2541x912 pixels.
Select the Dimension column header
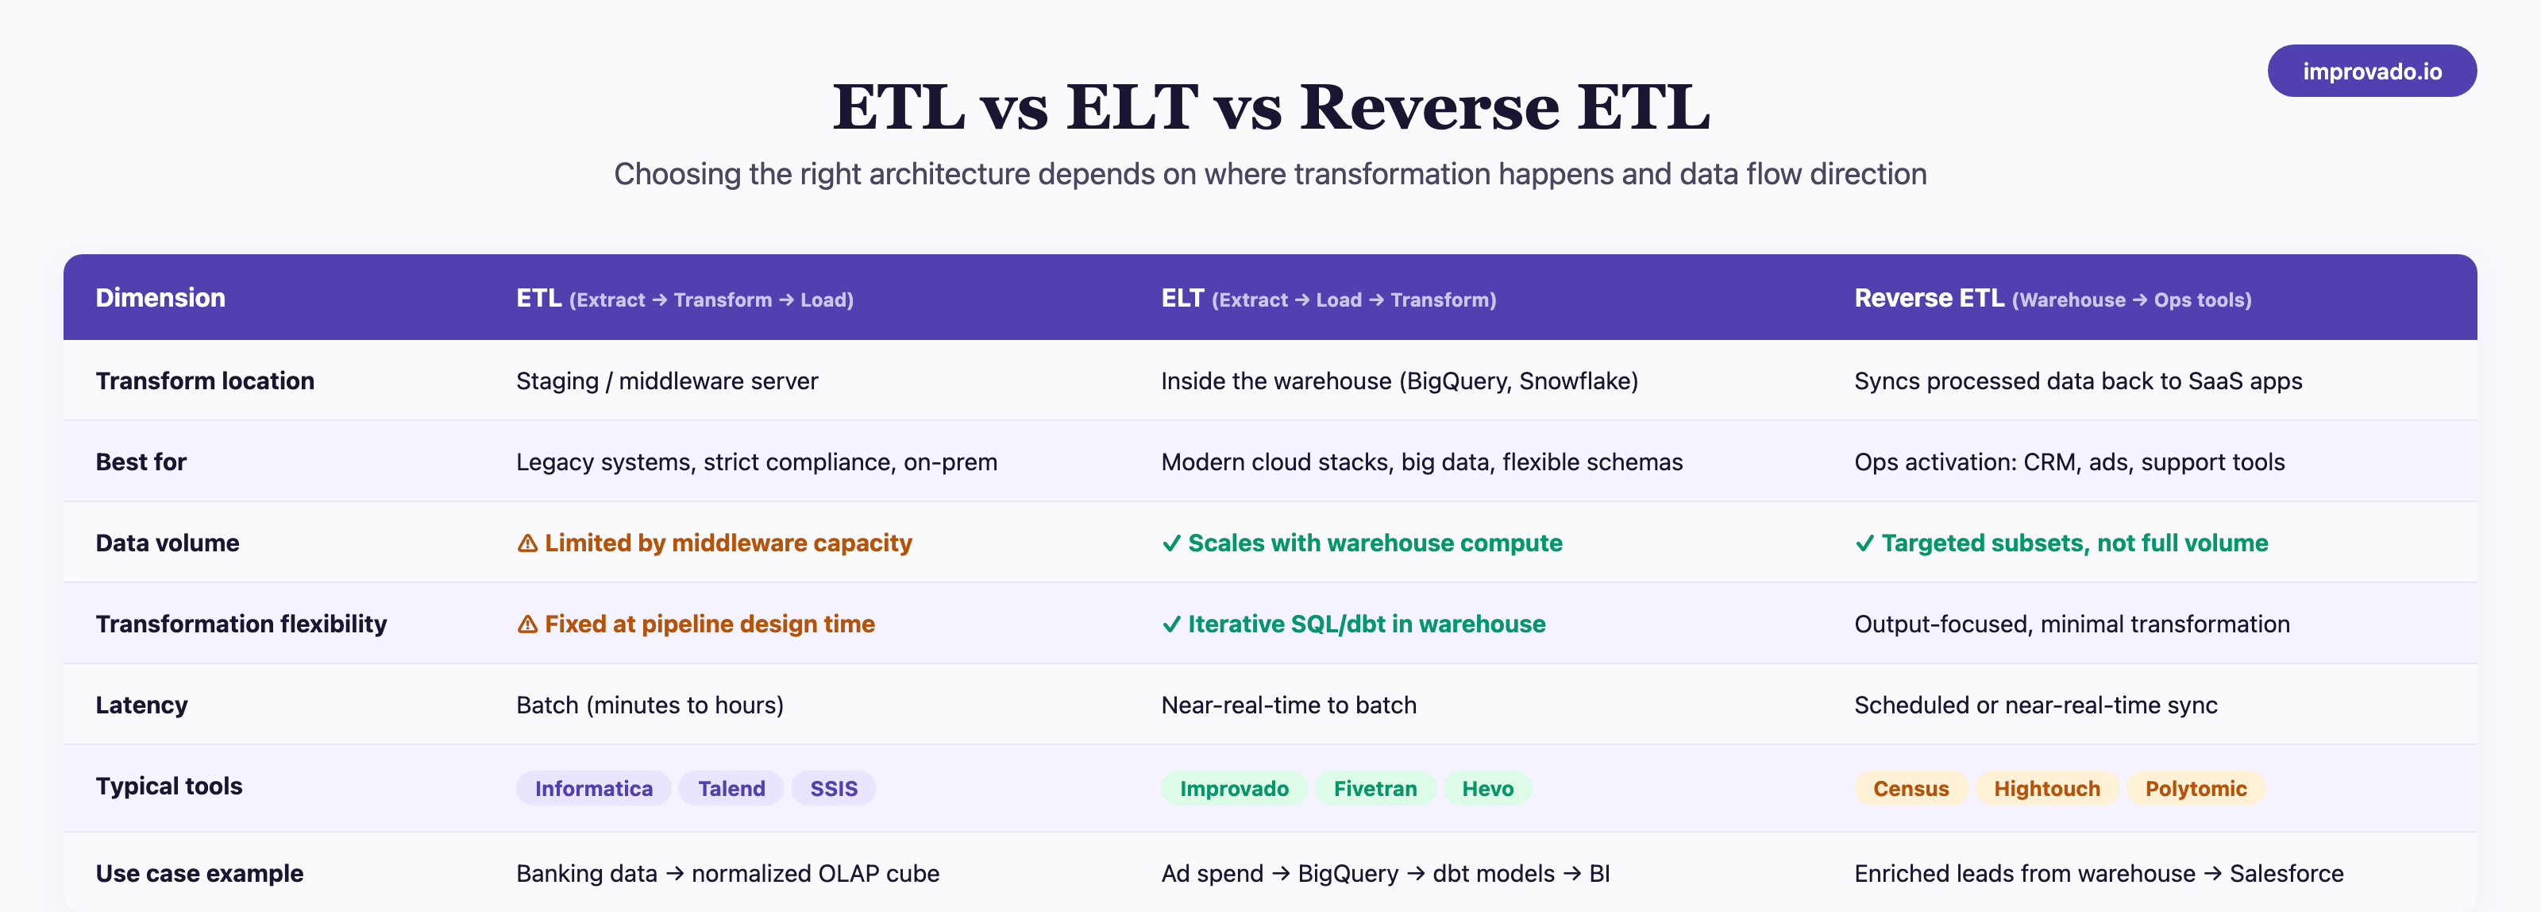pyautogui.click(x=160, y=298)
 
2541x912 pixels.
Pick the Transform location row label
pyautogui.click(x=204, y=381)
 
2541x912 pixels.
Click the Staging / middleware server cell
pyautogui.click(x=667, y=381)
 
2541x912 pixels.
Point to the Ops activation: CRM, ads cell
pyautogui.click(x=2069, y=462)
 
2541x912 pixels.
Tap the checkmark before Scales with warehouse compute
pyautogui.click(x=1171, y=544)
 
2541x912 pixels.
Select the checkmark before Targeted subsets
pyautogui.click(x=1864, y=544)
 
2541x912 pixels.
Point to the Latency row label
pyautogui.click(x=141, y=705)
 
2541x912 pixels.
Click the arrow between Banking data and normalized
pyautogui.click(x=675, y=874)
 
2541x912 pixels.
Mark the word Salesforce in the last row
pyautogui.click(x=2285, y=874)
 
